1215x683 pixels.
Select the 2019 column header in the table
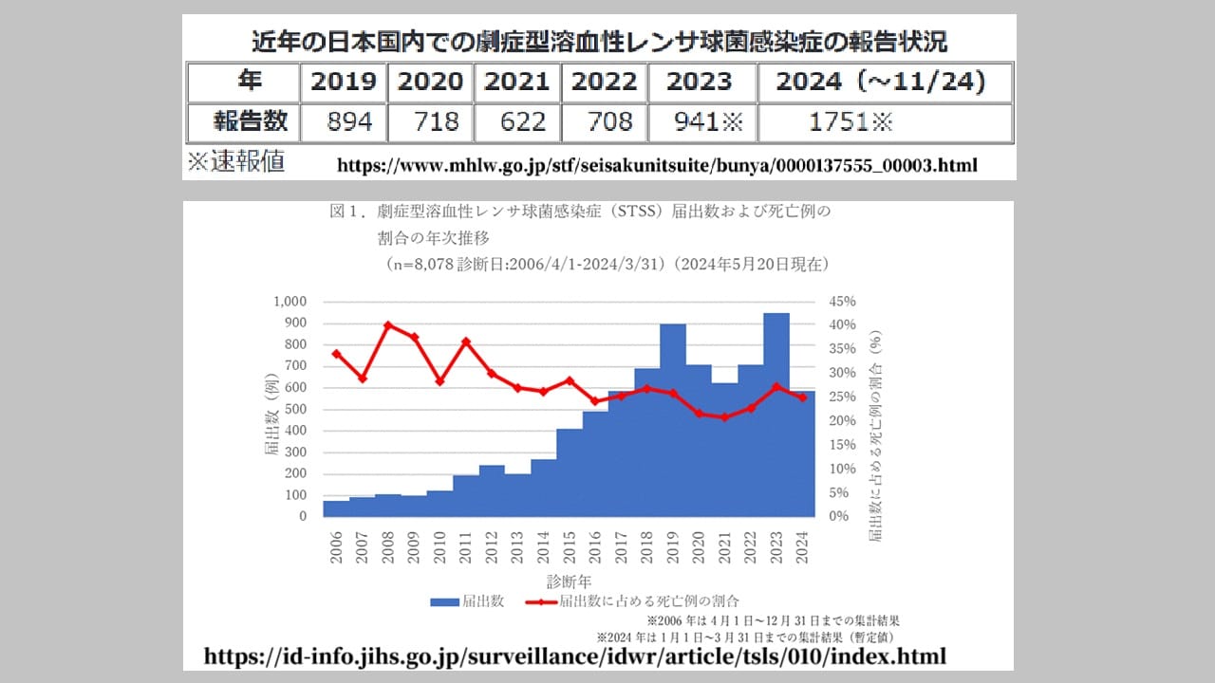[x=343, y=82]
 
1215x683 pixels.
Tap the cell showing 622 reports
[x=516, y=122]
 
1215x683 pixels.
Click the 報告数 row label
[x=243, y=122]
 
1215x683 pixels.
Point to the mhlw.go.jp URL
[x=657, y=165]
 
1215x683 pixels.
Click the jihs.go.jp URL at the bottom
[x=575, y=656]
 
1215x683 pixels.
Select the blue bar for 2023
[x=776, y=417]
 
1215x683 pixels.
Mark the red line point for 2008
[x=388, y=324]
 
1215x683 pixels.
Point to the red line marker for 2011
[x=466, y=341]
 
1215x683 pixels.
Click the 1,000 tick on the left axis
[x=290, y=302]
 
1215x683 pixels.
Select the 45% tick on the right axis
[x=843, y=302]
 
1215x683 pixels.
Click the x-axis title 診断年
[x=570, y=580]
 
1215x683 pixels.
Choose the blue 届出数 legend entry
[x=467, y=601]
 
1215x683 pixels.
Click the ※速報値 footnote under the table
[x=235, y=162]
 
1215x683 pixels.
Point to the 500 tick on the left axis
[x=295, y=409]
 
